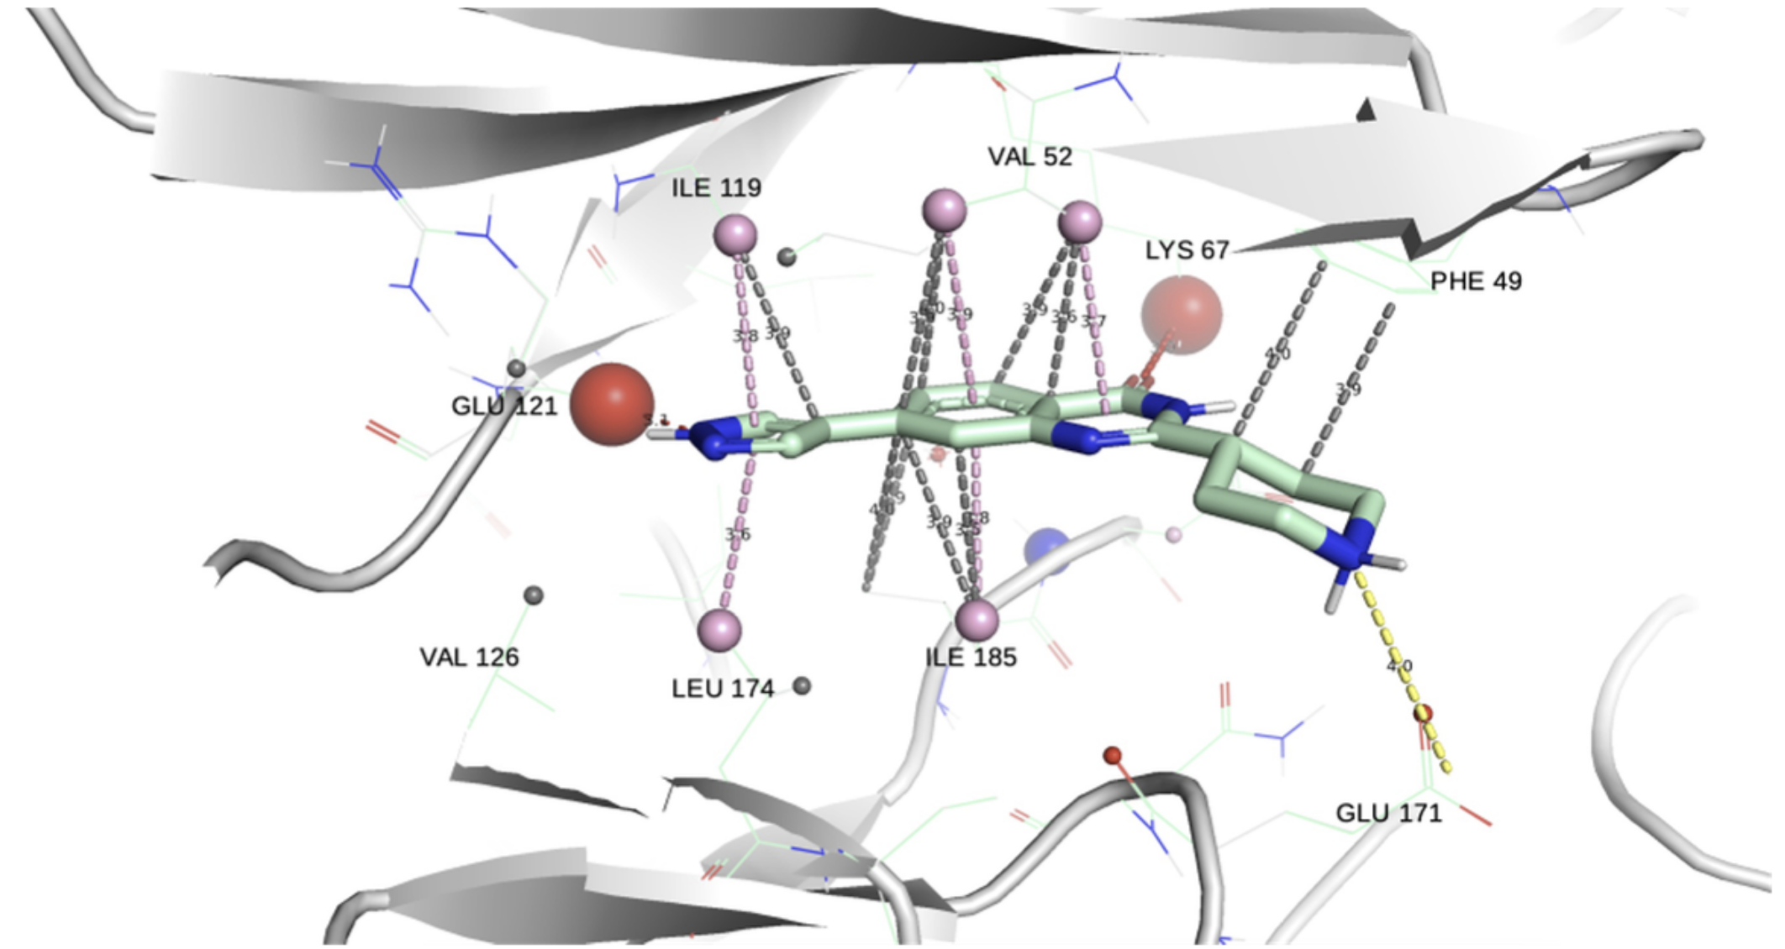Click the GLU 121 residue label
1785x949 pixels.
(x=504, y=406)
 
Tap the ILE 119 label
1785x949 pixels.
(x=716, y=187)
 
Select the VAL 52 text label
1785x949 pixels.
(x=1029, y=156)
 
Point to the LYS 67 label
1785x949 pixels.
(x=1187, y=249)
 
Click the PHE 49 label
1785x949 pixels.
(x=1476, y=281)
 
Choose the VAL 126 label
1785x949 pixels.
(x=469, y=657)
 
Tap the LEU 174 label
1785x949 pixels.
(x=722, y=689)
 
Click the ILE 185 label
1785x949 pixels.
(x=971, y=657)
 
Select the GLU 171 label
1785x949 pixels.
(x=1388, y=813)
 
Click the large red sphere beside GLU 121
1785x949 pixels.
(x=612, y=404)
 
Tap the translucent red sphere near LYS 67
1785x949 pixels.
(x=1181, y=313)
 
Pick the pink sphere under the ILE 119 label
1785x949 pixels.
(x=735, y=235)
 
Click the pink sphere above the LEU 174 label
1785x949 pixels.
(x=719, y=629)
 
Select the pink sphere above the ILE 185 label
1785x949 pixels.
(x=977, y=620)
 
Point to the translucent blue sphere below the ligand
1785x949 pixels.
(x=1048, y=551)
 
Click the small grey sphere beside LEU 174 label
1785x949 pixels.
(x=802, y=686)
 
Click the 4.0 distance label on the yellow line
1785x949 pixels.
(x=1398, y=666)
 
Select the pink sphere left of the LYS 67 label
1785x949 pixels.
(x=1080, y=222)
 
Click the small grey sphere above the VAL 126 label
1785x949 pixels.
(x=533, y=595)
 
